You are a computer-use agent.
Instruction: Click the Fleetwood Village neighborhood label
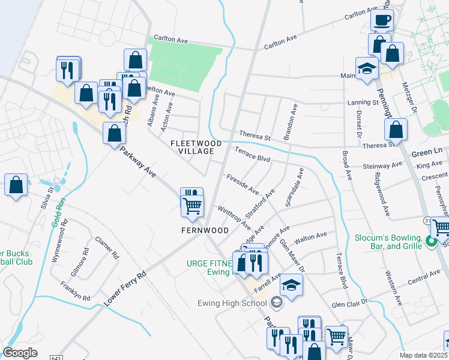(196, 148)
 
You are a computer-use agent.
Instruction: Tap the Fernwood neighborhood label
(205, 230)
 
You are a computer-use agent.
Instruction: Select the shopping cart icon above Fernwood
(192, 206)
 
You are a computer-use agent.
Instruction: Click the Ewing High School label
(235, 302)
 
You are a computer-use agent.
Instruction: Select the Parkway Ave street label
(137, 163)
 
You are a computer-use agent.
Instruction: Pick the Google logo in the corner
(20, 353)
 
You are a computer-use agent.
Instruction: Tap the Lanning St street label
(362, 103)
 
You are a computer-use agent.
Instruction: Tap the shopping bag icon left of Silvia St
(16, 185)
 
